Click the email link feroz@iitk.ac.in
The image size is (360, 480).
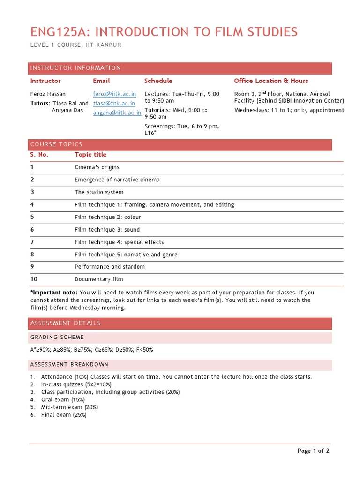(x=114, y=94)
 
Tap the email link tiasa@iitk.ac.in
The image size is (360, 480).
(x=114, y=103)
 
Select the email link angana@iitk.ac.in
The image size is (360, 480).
(x=117, y=112)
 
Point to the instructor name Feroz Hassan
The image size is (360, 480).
(x=48, y=94)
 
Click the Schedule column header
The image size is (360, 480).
(x=158, y=81)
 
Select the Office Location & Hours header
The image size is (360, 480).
(x=271, y=81)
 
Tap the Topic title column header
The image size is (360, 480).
(x=90, y=155)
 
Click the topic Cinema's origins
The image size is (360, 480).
(x=97, y=167)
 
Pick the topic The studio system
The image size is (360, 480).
(x=99, y=192)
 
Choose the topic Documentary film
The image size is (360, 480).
(x=99, y=279)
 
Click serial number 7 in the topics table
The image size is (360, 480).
(x=32, y=242)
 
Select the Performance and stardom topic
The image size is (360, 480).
(x=110, y=267)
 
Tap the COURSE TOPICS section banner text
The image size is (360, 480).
(x=56, y=144)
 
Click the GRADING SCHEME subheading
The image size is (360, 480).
(x=57, y=337)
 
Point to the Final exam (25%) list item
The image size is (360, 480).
(x=64, y=415)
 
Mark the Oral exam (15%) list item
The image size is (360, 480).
(x=63, y=399)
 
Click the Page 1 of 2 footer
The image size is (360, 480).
(x=313, y=451)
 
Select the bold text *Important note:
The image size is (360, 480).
(x=54, y=292)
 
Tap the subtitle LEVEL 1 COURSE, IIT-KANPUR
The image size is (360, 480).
(x=76, y=45)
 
